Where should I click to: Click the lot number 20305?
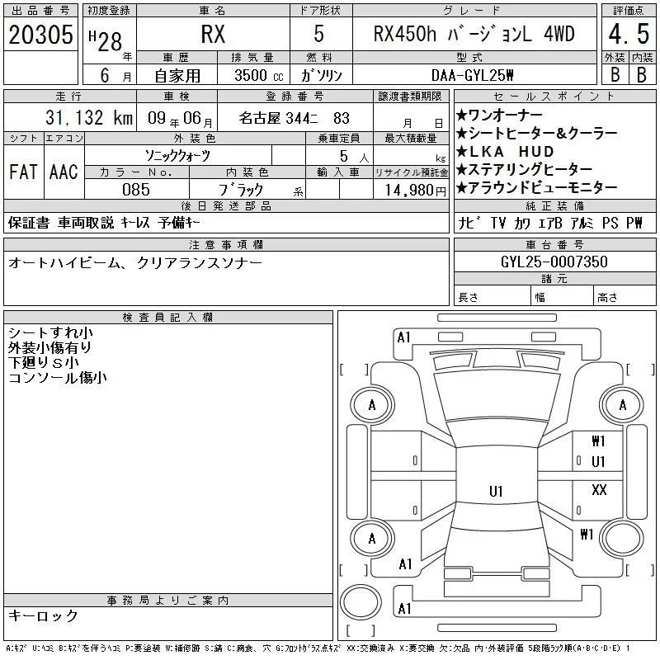pyautogui.click(x=40, y=35)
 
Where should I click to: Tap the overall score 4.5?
pyautogui.click(x=629, y=34)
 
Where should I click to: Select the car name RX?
pyautogui.click(x=213, y=34)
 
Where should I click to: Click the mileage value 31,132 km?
pyautogui.click(x=89, y=118)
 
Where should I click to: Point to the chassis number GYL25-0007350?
pyautogui.click(x=554, y=262)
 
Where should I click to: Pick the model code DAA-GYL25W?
pyautogui.click(x=472, y=75)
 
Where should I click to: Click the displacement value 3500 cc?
pyautogui.click(x=259, y=76)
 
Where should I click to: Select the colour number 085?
pyautogui.click(x=136, y=190)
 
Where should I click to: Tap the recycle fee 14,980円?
pyautogui.click(x=415, y=191)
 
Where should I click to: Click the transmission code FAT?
pyautogui.click(x=23, y=172)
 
